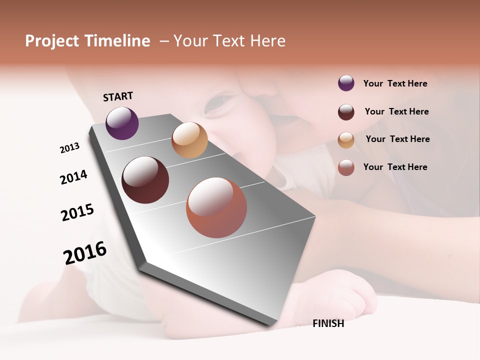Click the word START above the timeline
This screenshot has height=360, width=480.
[x=118, y=96]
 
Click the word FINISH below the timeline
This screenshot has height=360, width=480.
[x=328, y=323]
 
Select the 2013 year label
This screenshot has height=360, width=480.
[x=69, y=148]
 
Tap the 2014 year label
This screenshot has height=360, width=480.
[x=73, y=177]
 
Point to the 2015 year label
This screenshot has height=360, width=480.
[x=77, y=212]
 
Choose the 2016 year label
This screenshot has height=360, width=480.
[x=85, y=253]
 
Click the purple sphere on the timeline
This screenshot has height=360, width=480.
[x=122, y=123]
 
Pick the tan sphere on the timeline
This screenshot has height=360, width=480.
[x=189, y=140]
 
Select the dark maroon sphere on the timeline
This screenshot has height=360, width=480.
[x=145, y=180]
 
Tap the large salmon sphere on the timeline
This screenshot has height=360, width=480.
[x=216, y=207]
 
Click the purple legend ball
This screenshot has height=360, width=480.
[x=346, y=83]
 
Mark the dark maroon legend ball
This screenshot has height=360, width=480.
[x=346, y=112]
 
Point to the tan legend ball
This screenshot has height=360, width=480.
[x=346, y=140]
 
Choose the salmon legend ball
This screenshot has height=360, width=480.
[x=346, y=167]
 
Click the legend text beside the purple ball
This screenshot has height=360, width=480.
[x=395, y=83]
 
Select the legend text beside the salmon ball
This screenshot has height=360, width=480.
[x=395, y=167]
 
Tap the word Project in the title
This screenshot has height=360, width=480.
[x=51, y=41]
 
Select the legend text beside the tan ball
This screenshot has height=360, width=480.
[x=397, y=139]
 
